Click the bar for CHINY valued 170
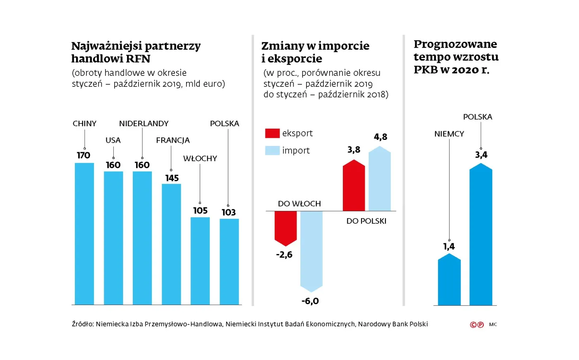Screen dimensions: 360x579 84,234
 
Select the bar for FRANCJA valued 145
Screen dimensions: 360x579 171,244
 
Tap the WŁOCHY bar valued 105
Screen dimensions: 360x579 200,261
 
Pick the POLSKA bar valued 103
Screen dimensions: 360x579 229,262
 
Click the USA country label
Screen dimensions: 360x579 113,140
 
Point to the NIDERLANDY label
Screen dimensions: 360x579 144,123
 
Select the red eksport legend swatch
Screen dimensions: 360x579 272,133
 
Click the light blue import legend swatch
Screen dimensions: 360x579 272,151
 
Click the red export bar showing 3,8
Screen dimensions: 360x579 354,186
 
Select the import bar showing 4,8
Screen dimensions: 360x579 380,180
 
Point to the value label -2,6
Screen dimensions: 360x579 284,254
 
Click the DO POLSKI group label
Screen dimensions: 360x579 366,221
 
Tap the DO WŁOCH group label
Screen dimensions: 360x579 299,204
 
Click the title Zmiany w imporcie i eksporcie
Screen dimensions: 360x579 315,52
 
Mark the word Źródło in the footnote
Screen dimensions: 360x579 83,324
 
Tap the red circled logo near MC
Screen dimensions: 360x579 477,325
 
